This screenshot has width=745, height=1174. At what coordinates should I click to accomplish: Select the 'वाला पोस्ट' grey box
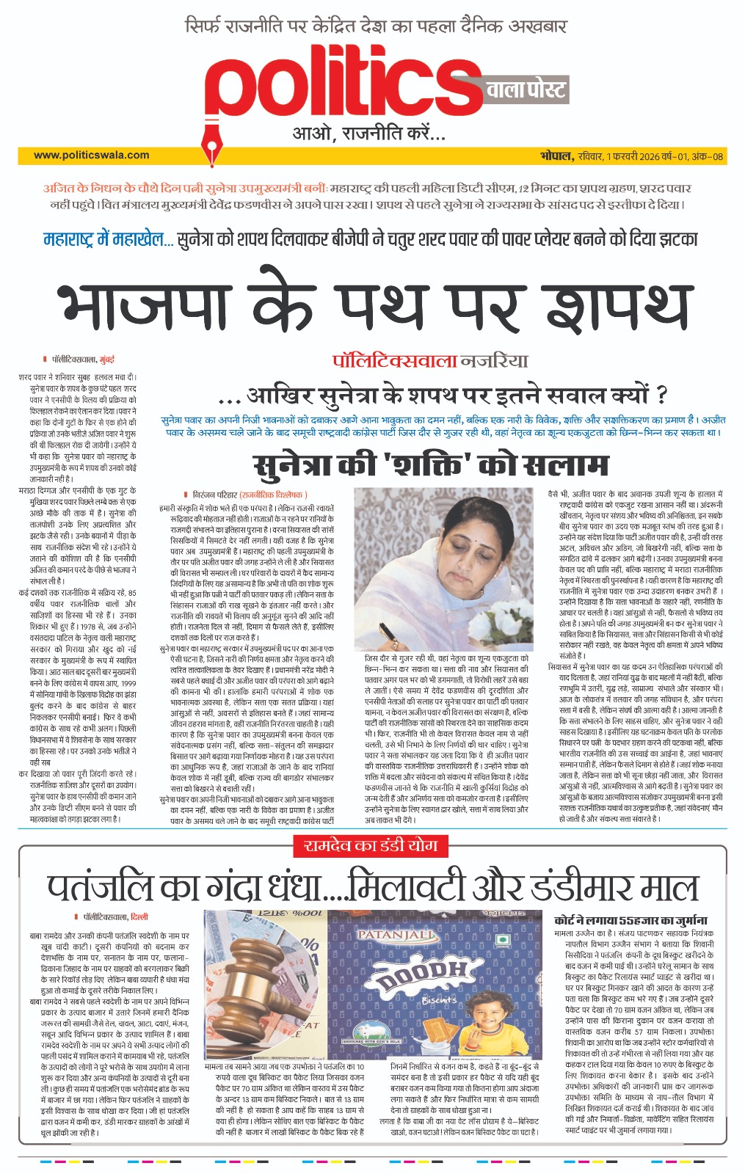click(526, 90)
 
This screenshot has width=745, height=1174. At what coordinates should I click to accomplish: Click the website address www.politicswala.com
click(91, 155)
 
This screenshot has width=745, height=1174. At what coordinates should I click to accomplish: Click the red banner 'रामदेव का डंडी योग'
click(371, 845)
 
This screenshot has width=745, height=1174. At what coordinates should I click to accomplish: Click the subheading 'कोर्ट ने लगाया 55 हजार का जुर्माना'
click(630, 919)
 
